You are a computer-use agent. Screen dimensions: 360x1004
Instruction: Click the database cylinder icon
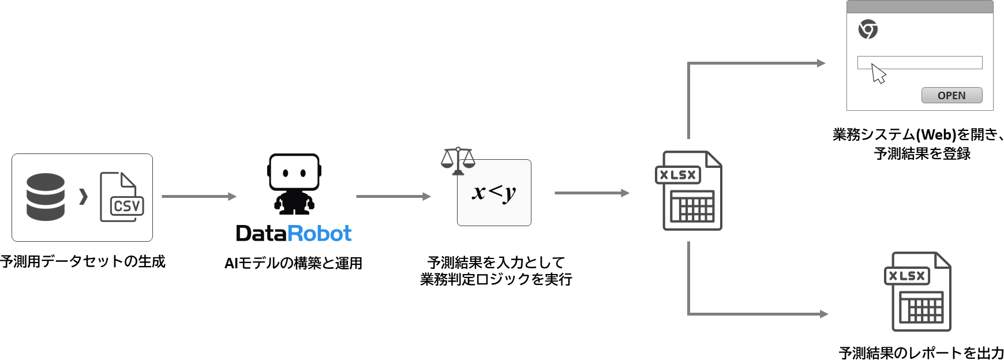(x=46, y=197)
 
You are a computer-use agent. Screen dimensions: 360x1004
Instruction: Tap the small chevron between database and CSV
(x=84, y=197)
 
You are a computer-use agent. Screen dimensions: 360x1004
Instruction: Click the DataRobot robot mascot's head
(x=294, y=172)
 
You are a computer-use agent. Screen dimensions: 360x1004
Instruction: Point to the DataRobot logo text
(x=294, y=233)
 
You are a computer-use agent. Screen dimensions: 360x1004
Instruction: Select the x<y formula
(x=494, y=192)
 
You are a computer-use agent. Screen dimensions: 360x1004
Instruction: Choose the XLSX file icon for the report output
(x=917, y=291)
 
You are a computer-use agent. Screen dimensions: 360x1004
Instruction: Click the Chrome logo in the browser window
(x=868, y=29)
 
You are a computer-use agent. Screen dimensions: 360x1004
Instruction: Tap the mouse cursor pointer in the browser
(x=878, y=74)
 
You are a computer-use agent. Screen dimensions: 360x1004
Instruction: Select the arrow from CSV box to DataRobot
(x=198, y=196)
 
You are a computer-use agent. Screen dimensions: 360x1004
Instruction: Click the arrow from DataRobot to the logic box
(x=393, y=196)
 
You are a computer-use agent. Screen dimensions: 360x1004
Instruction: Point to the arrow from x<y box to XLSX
(x=591, y=193)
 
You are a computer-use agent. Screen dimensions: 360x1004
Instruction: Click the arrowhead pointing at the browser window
(x=821, y=63)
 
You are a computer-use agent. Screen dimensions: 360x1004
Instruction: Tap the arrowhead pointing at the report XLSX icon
(x=823, y=314)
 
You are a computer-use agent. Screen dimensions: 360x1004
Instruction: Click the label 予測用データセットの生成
(x=83, y=261)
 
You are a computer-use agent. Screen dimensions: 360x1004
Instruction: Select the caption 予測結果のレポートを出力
(x=921, y=352)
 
